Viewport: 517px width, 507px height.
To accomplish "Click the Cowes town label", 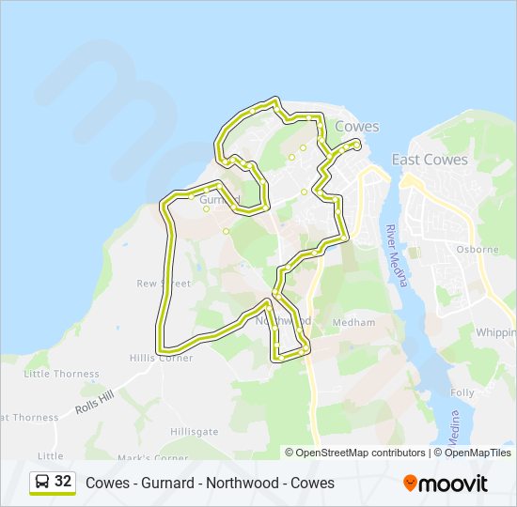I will pos(357,127).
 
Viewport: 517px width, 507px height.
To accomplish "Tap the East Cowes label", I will pos(430,160).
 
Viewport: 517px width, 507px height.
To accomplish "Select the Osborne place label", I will pos(476,250).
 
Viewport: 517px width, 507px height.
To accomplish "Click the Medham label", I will pos(356,322).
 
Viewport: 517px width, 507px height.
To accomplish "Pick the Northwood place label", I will pos(283,320).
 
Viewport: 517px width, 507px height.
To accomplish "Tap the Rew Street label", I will pos(164,284).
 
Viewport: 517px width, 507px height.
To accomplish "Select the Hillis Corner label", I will pos(163,358).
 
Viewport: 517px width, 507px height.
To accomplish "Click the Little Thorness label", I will pos(61,374).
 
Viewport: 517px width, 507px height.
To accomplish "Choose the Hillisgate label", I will pos(195,432).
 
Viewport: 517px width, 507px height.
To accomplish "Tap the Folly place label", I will pos(462,392).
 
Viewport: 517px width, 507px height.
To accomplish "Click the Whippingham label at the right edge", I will pos(495,332).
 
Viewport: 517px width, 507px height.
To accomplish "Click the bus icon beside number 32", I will pos(42,482).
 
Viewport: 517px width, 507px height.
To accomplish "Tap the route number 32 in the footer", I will pos(63,482).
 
